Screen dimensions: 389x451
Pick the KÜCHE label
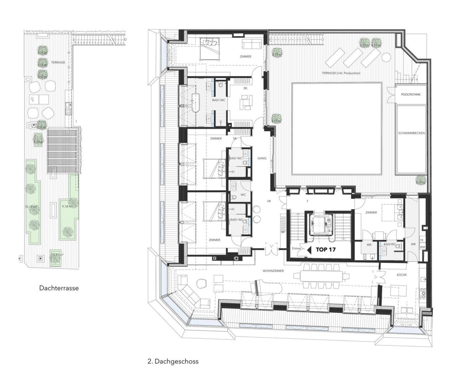tap(401, 275)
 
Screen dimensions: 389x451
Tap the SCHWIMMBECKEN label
tap(413, 133)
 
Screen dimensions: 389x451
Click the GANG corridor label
tap(262, 158)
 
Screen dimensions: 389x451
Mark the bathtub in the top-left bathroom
tap(194, 103)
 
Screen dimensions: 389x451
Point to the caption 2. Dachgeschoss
tap(173, 361)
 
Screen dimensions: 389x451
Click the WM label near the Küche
tap(422, 247)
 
